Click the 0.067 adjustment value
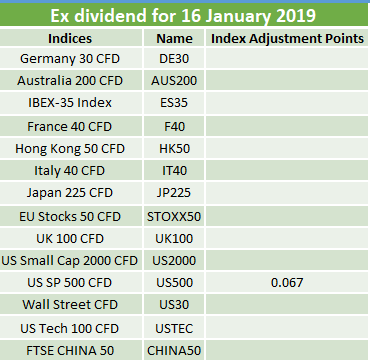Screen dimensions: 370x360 coord(287,283)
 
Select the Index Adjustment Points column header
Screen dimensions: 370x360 coord(287,38)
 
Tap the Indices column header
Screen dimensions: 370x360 coord(70,38)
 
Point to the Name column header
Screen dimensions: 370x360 coord(174,39)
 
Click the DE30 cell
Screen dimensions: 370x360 coord(174,59)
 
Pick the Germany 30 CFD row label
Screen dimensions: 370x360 coord(70,59)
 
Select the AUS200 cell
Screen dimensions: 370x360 coord(174,81)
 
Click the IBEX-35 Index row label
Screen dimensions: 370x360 coord(70,103)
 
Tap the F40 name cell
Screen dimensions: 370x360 coord(174,127)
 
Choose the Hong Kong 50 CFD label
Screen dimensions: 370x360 coord(70,149)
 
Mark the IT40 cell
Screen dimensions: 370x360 coord(174,171)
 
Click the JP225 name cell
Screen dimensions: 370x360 coord(174,193)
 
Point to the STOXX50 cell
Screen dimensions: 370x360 coord(174,217)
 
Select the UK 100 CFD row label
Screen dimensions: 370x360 coord(70,239)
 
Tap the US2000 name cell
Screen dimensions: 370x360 coord(174,261)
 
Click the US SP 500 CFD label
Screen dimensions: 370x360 coord(69,283)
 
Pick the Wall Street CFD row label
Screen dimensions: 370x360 coord(70,305)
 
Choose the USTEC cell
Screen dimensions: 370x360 coord(174,329)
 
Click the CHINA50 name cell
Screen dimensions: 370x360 coord(174,351)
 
